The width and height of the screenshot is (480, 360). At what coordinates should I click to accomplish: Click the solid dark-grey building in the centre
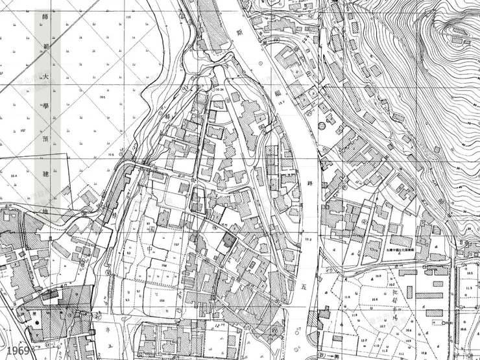point(228,239)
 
